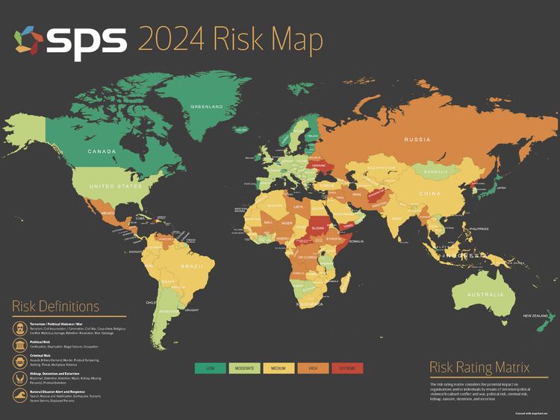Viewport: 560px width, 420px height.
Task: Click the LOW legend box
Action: [211, 368]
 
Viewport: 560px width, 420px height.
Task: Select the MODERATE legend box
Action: [245, 368]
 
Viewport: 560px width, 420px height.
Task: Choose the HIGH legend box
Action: [314, 368]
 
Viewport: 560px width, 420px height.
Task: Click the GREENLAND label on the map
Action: [207, 107]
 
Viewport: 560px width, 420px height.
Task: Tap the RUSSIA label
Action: [417, 140]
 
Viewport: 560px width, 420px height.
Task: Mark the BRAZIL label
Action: [193, 266]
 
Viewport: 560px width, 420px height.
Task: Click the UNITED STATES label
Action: [115, 186]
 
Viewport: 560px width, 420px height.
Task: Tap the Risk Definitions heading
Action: [55, 307]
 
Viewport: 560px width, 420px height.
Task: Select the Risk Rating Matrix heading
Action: [479, 368]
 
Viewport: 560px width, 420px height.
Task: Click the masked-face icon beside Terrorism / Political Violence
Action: [18, 328]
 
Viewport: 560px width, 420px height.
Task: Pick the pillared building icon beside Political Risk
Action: [18, 344]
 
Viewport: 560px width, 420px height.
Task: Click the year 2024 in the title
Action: [172, 40]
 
